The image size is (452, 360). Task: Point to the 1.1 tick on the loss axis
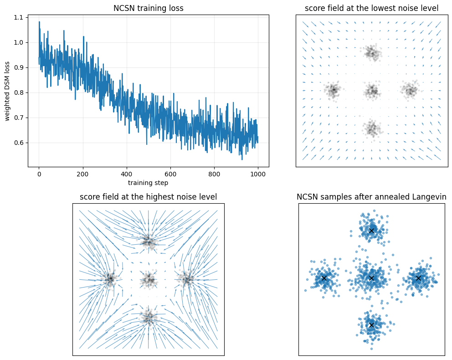(20, 17)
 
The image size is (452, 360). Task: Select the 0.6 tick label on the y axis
(20, 143)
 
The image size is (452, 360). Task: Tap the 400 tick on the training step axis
(170, 174)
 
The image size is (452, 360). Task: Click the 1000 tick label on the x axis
(258, 174)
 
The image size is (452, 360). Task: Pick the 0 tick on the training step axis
(39, 174)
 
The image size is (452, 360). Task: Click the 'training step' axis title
(148, 183)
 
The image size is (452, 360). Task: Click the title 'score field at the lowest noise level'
(372, 8)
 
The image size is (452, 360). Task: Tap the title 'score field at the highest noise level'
(148, 197)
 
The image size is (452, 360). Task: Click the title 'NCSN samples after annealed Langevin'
(371, 197)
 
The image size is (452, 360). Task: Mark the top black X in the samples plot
(371, 231)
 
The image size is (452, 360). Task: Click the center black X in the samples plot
(371, 278)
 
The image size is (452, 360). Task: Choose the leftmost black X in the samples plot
(324, 278)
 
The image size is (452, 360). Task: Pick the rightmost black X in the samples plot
(418, 278)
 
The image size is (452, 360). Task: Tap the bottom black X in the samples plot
(371, 325)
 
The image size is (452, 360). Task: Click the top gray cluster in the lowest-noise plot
(372, 53)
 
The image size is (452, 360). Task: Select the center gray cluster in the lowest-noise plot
(372, 91)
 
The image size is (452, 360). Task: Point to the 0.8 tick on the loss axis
(20, 93)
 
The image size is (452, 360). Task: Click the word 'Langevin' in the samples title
(431, 197)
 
